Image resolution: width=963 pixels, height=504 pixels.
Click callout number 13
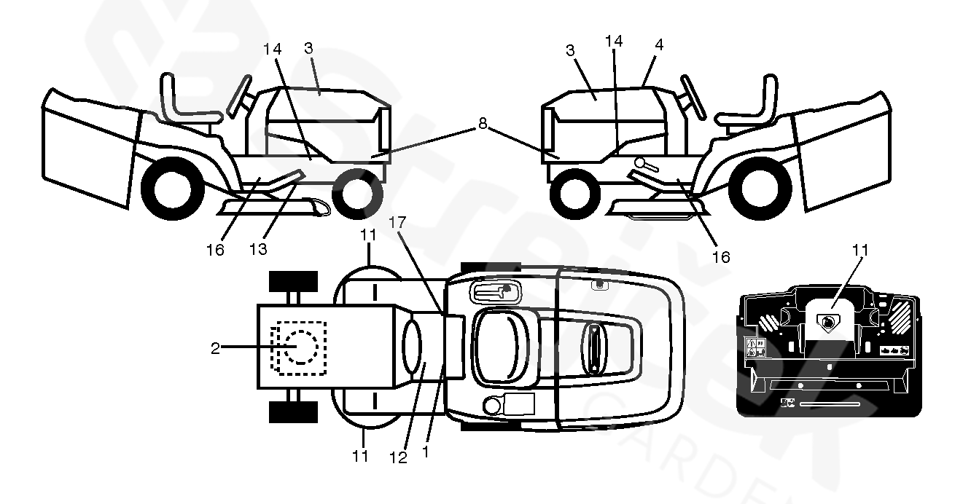coord(257,248)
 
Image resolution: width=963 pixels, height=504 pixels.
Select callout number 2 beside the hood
coord(215,348)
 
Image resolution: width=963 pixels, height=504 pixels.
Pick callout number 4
coord(658,45)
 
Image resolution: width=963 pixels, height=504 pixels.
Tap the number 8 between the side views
coord(482,124)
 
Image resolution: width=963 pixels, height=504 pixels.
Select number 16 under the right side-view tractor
coord(722,257)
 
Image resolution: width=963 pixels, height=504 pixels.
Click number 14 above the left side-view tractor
coord(271,49)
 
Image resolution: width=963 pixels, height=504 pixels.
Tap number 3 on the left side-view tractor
coord(308,48)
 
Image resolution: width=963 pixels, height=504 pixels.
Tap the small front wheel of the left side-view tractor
coord(356,192)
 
